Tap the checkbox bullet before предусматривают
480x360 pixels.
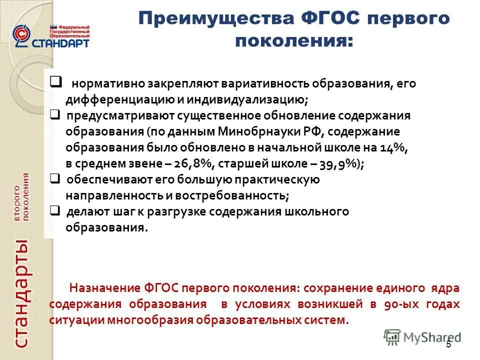(x=55, y=115)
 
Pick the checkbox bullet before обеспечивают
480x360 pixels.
(x=55, y=178)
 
